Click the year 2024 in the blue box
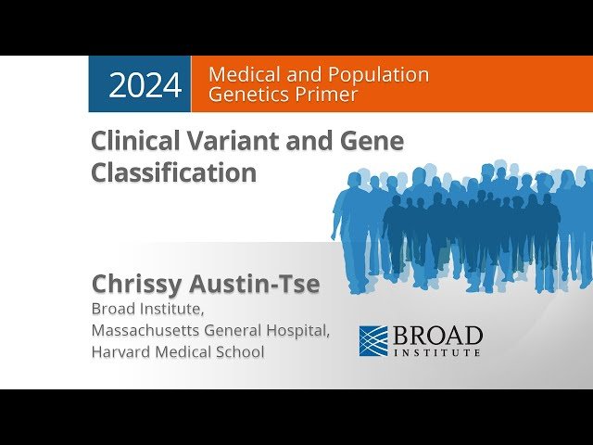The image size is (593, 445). pos(145,85)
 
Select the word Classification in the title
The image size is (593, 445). pos(173,172)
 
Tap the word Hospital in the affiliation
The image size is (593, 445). pos(298,330)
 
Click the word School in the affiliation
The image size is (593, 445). pos(241,352)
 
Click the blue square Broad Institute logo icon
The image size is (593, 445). pos(373,340)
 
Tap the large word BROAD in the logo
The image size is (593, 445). pos(438,335)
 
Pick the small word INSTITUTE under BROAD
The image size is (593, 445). pos(438,353)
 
